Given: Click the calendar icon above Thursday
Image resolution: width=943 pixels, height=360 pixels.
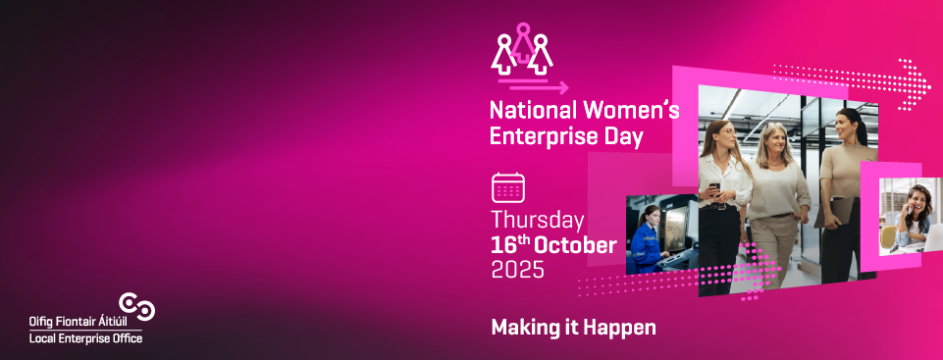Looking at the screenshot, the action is coord(508,188).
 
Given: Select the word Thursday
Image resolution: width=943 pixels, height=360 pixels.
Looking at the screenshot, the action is coord(538,221).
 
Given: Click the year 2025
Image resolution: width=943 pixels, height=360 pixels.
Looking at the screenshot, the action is coord(518,269).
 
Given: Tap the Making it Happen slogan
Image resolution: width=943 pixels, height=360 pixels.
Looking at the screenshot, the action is coord(573,328).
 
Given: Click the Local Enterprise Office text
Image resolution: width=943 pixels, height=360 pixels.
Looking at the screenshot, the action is coord(86,338).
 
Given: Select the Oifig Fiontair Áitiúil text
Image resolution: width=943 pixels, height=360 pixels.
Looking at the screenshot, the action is coord(79,322).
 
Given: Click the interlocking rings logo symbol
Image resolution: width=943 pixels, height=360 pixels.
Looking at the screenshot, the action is coord(137,306).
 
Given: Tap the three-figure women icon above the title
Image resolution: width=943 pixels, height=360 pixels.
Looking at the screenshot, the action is coord(522,48).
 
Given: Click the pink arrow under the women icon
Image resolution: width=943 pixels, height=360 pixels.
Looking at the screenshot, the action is coord(539,87).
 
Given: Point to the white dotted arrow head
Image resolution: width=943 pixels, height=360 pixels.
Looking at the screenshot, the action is coord(915,84).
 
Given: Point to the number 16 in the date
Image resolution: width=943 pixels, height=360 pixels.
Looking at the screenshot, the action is coord(501,246).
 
